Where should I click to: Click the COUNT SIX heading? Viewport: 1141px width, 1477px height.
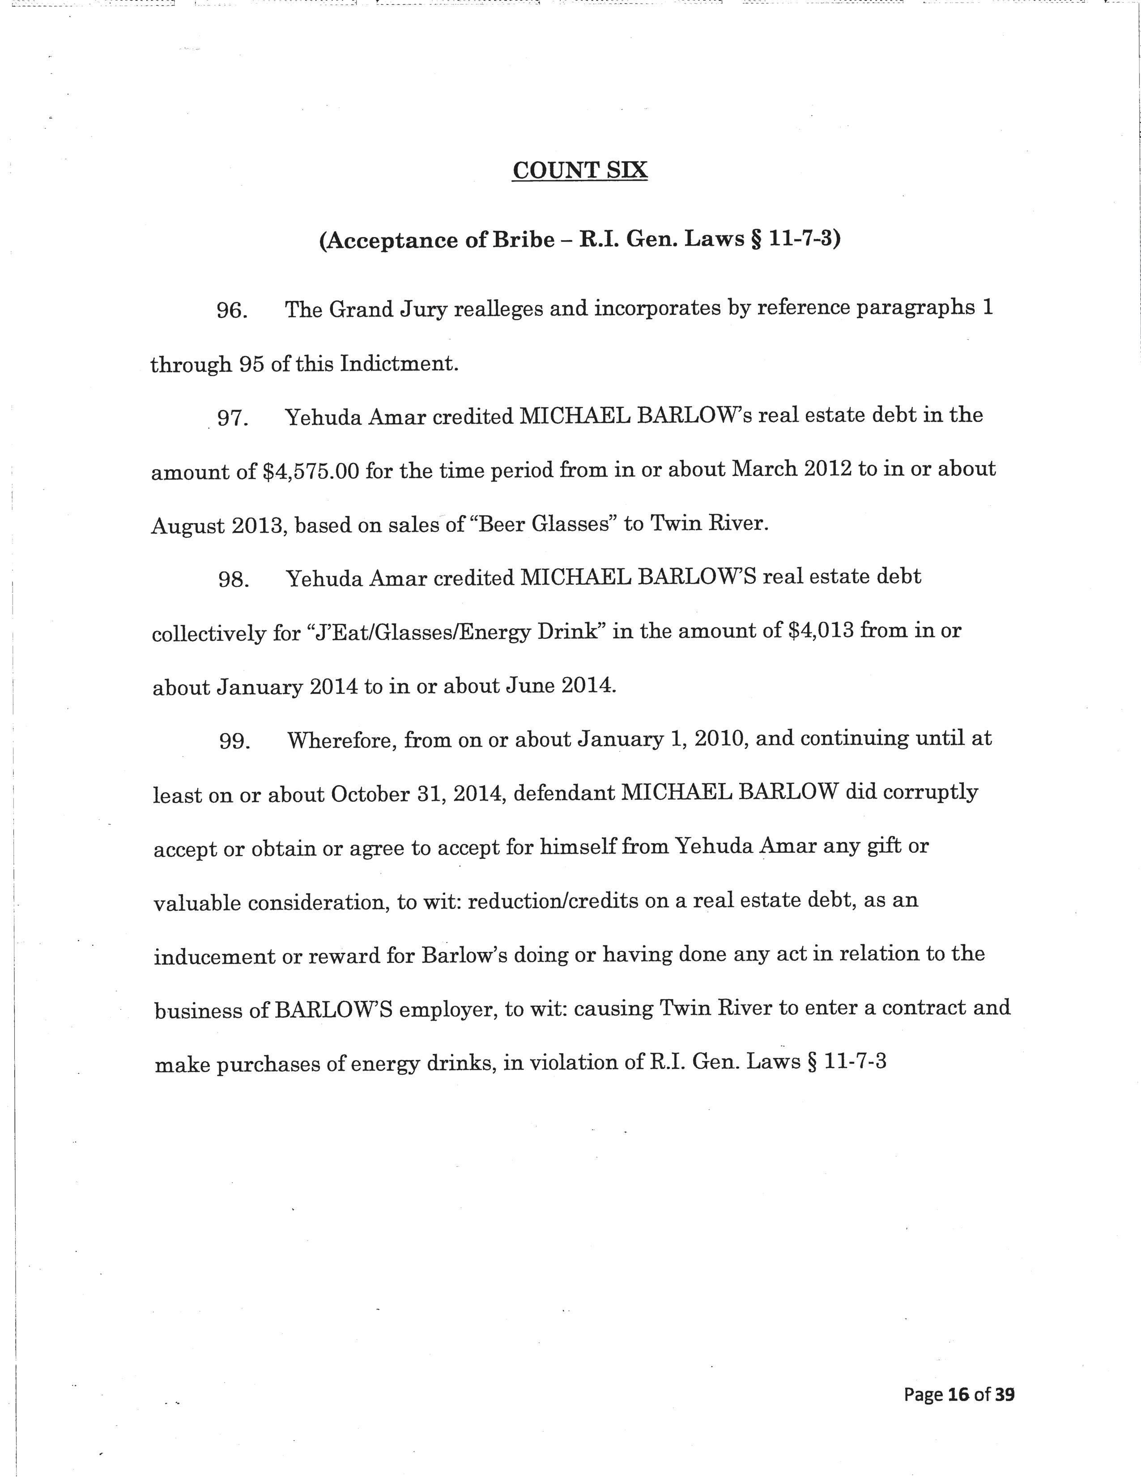tap(580, 170)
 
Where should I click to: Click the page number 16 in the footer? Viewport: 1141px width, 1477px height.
tap(958, 1375)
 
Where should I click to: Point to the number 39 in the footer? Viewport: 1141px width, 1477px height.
tap(1005, 1375)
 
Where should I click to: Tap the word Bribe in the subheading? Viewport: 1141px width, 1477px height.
tap(523, 240)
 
